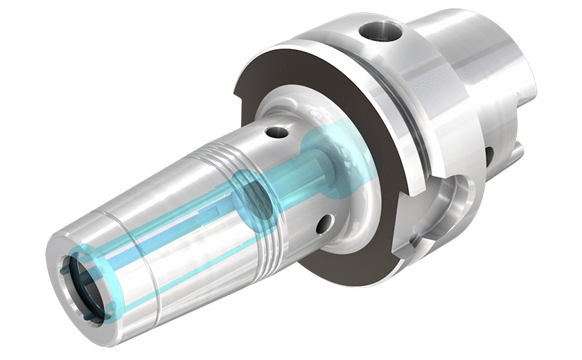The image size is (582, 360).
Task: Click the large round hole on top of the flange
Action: point(378,31)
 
